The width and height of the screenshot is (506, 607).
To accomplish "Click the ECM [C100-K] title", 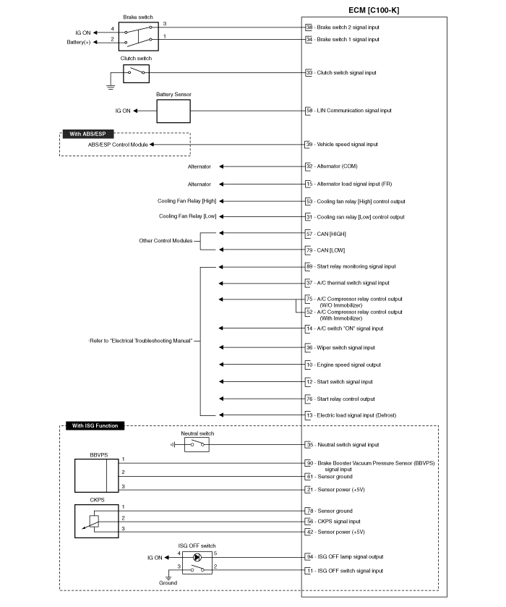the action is pos(374,10).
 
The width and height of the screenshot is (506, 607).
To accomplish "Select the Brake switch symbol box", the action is pos(139,36).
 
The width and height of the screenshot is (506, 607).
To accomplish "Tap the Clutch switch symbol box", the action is pos(136,73).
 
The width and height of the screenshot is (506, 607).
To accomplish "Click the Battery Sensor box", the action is pos(173,111).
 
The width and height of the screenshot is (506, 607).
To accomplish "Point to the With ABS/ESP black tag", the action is pos(87,134).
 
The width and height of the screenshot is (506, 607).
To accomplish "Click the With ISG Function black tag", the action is pos(95,426).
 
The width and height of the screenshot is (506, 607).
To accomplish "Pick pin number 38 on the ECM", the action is pos(309,27).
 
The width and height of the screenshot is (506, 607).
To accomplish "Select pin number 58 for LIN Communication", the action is pos(309,111).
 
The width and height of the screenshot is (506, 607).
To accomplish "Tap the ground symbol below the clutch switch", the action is pos(111,87).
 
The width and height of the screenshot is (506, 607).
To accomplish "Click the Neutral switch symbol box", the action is pos(197,445).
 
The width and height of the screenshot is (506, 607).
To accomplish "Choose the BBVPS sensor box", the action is pos(97,475).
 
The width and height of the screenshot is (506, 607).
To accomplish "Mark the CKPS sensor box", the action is pos(97,521).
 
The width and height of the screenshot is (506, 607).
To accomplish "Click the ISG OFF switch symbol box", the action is pos(197,563).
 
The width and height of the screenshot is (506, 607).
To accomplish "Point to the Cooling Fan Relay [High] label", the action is pos(186,201).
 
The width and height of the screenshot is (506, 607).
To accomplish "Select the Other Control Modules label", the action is pos(166,241).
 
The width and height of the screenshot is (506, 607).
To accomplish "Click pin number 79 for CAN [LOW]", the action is pos(309,250).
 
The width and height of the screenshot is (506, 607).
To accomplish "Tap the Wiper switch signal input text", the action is pos(346,347).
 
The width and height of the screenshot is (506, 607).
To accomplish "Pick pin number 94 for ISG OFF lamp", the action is pos(310,557).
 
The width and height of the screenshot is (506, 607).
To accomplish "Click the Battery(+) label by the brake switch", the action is pos(79,42).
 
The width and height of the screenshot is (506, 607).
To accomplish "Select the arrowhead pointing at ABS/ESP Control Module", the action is pos(152,145).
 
